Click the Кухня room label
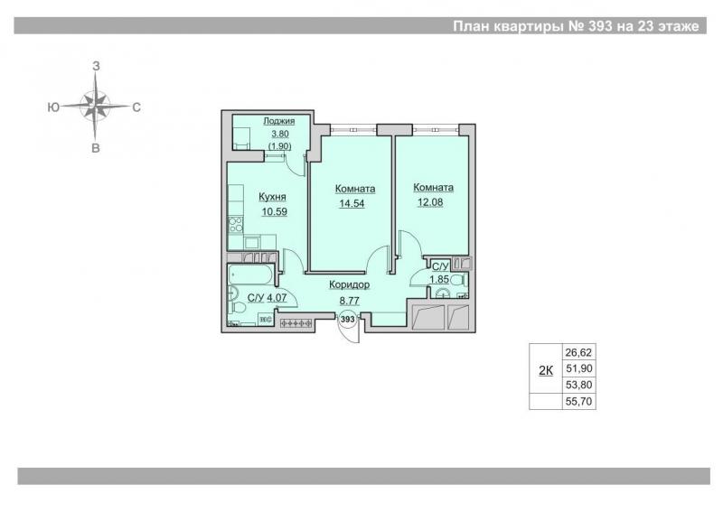[x=272, y=197]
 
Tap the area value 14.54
[x=352, y=203]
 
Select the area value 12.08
[x=430, y=202]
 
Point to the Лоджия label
[x=279, y=121]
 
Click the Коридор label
[x=350, y=284]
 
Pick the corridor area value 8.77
[x=350, y=301]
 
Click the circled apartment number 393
[x=348, y=319]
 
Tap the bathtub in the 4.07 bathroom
[x=250, y=275]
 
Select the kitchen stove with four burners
[x=236, y=226]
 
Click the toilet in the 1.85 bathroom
[x=457, y=280]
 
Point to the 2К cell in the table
[x=546, y=369]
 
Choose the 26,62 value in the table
[x=578, y=352]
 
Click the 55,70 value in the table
[x=578, y=402]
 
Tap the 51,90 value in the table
[x=578, y=368]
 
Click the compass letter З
[x=96, y=66]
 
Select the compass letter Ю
[x=53, y=107]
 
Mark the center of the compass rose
[x=95, y=106]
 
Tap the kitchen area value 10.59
[x=275, y=212]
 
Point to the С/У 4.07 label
[x=267, y=298]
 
